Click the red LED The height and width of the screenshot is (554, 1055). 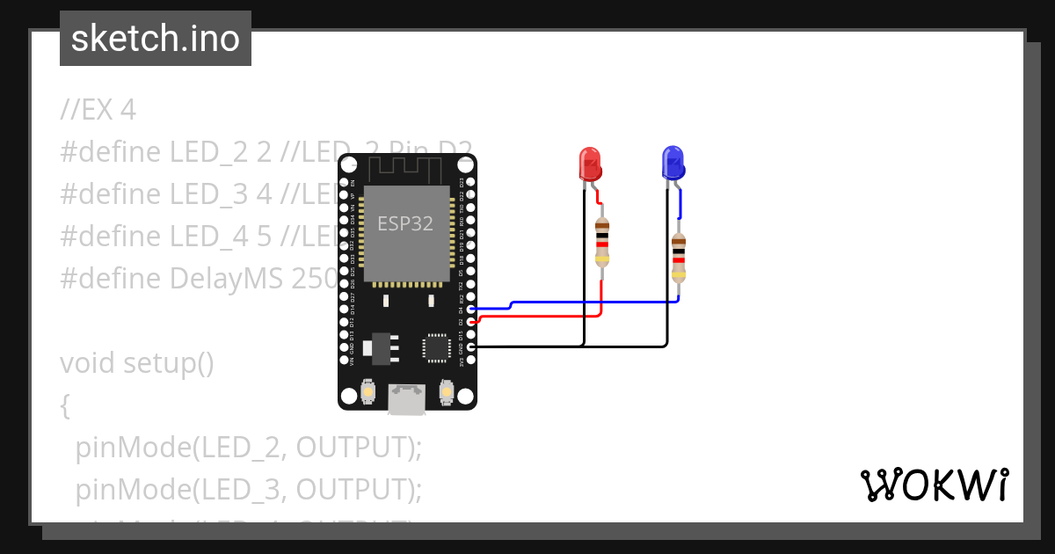[589, 164]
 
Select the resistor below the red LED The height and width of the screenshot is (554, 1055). [602, 242]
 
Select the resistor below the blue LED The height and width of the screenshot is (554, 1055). [678, 258]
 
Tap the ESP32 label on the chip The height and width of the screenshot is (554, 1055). [405, 223]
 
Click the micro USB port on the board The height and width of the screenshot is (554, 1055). [406, 399]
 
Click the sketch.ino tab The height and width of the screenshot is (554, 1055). [156, 39]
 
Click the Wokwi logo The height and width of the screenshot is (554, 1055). [934, 485]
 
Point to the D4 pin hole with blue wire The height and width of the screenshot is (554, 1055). [470, 310]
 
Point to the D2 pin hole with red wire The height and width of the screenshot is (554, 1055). [470, 322]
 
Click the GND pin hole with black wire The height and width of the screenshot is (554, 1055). [470, 347]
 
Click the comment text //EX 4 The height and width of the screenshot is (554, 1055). [98, 110]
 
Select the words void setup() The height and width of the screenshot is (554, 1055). [136, 363]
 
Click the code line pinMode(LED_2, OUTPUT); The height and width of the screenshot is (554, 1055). [249, 447]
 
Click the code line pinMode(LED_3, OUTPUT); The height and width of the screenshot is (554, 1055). [249, 488]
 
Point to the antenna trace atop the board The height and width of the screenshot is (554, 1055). [406, 167]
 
